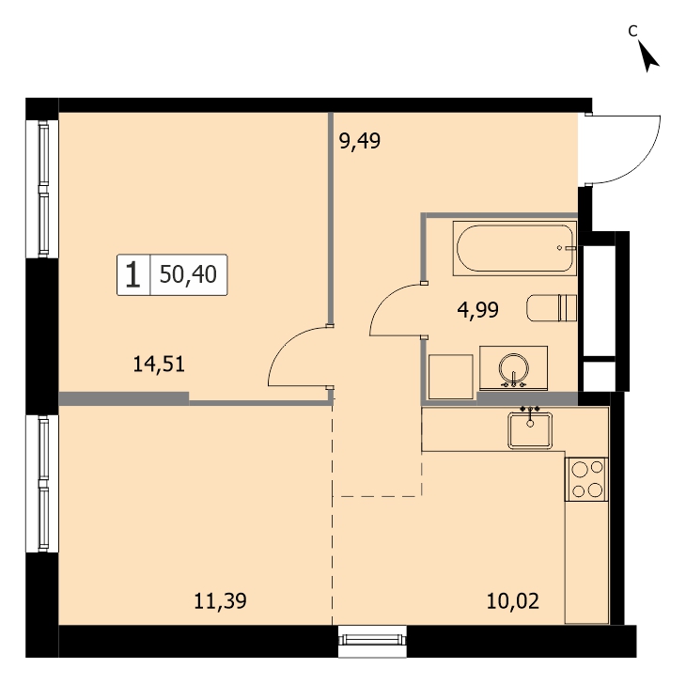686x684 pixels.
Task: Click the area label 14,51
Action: (159, 365)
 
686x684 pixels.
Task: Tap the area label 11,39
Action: (220, 601)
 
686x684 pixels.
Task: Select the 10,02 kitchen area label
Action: (513, 601)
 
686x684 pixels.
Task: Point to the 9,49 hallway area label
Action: (360, 141)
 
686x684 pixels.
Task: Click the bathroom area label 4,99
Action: (477, 310)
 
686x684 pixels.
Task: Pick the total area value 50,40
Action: (188, 274)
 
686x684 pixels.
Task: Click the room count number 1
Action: (133, 274)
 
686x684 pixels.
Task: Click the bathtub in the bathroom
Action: (515, 248)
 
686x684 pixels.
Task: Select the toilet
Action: (552, 308)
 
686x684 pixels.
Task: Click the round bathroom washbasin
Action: (514, 367)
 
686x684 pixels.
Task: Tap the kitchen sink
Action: (530, 430)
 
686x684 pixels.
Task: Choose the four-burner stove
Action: (586, 479)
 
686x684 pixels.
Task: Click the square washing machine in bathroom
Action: (451, 377)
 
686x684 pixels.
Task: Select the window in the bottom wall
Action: (372, 640)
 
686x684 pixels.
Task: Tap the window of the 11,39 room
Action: (43, 483)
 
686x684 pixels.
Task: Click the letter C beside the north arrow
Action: (632, 31)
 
